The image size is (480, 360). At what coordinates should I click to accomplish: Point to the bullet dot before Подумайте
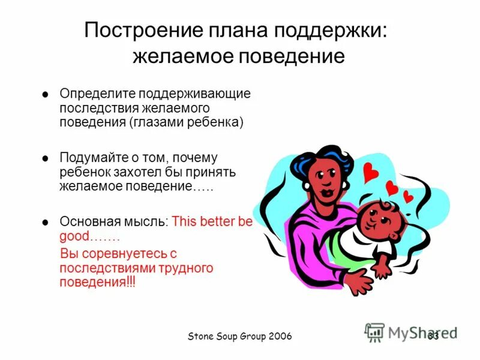click(45, 158)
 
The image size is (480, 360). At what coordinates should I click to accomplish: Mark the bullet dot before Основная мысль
click(45, 222)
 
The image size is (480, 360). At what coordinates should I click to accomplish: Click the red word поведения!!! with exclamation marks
click(98, 281)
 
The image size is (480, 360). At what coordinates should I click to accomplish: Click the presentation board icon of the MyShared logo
click(374, 332)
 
